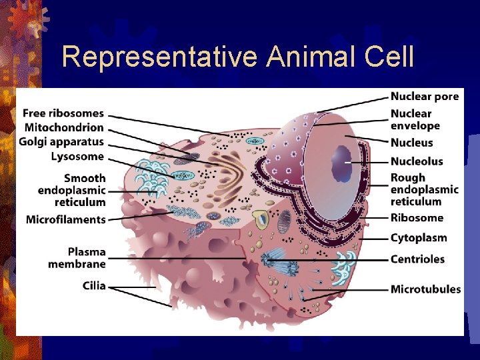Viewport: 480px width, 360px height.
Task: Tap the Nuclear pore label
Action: [x=425, y=97]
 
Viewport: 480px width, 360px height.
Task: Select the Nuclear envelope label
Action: [x=415, y=120]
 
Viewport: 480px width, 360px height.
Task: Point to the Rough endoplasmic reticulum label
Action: [x=425, y=189]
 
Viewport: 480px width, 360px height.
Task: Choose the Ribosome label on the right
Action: [x=417, y=218]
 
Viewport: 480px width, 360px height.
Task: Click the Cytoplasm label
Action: [x=419, y=238]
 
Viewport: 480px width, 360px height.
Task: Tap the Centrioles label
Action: [x=417, y=259]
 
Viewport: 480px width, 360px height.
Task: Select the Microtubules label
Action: [x=425, y=289]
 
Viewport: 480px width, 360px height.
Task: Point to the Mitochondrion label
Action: [x=64, y=127]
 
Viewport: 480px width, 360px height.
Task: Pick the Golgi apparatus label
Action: [x=61, y=142]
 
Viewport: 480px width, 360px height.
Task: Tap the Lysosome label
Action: [x=77, y=157]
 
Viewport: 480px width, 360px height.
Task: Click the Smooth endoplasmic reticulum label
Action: [x=72, y=190]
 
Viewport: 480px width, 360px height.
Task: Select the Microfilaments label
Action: [x=66, y=220]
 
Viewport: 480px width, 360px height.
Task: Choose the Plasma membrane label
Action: [x=77, y=258]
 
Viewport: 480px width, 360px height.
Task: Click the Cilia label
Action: [x=94, y=286]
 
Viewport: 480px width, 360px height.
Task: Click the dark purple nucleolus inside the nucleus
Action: [x=342, y=162]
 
